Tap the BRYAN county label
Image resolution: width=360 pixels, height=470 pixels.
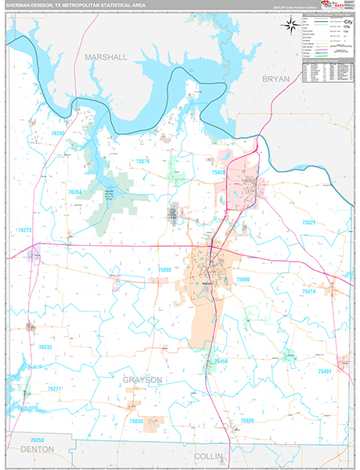[x=276, y=79]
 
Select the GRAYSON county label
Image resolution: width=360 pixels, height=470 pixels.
[x=142, y=379]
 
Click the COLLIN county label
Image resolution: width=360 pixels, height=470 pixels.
[x=209, y=455]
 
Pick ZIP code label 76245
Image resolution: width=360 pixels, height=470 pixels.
[x=59, y=134]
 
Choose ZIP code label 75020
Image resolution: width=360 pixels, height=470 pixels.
[x=218, y=172]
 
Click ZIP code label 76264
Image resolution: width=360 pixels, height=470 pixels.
[x=75, y=192]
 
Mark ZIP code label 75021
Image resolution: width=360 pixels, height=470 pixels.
[x=309, y=222]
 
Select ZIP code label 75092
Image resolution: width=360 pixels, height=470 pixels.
[x=164, y=269]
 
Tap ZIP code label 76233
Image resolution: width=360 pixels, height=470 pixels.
[x=45, y=347]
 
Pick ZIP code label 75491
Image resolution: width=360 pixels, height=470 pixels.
[x=325, y=371]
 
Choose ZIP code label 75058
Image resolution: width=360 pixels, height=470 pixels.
[x=135, y=421]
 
